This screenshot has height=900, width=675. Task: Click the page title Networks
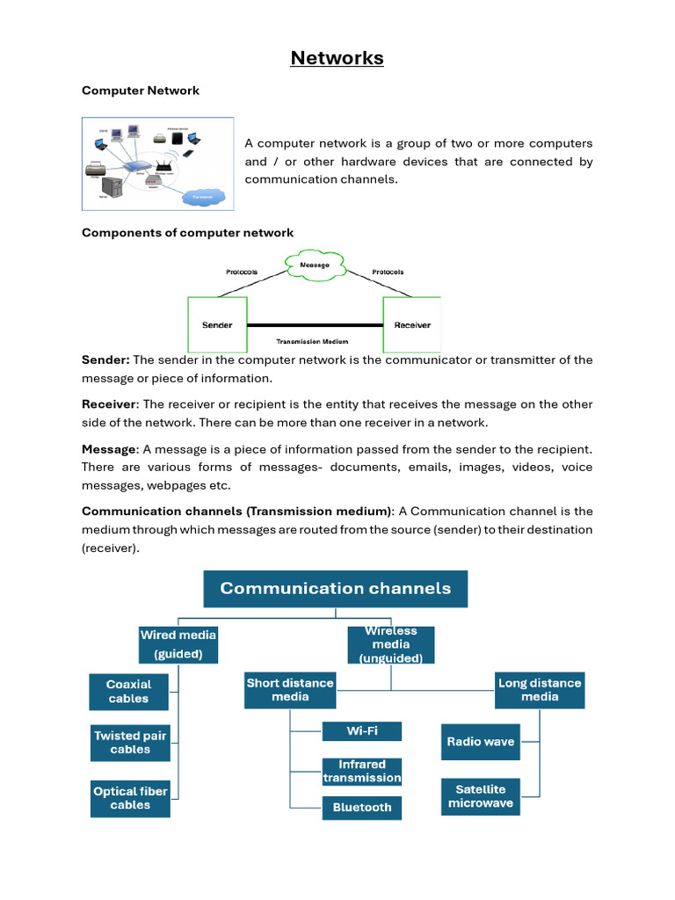point(337,58)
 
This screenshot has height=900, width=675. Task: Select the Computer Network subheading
point(141,91)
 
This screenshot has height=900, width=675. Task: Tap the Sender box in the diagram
point(217,325)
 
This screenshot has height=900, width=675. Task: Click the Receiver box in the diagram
point(412,325)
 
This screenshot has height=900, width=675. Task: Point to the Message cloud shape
point(315,265)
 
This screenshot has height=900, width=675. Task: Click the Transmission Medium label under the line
point(313,341)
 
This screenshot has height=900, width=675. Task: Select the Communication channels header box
point(336,589)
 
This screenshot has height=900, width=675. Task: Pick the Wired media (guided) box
point(178,644)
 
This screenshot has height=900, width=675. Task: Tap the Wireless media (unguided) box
point(391,645)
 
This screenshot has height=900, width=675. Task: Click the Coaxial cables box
point(129,692)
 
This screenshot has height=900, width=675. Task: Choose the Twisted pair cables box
point(130,743)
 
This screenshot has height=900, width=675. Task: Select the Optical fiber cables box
point(130,798)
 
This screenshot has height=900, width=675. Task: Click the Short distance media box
point(290,690)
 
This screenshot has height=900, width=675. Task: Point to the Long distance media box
point(540,690)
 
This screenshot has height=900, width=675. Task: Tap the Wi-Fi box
point(362,731)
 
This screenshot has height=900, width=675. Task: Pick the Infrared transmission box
point(362,772)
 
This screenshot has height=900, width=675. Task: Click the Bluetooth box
point(362,808)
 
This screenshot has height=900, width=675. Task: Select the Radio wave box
point(481,742)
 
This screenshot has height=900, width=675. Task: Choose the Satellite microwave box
point(481,796)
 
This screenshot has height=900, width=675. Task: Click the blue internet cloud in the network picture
point(203,197)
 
